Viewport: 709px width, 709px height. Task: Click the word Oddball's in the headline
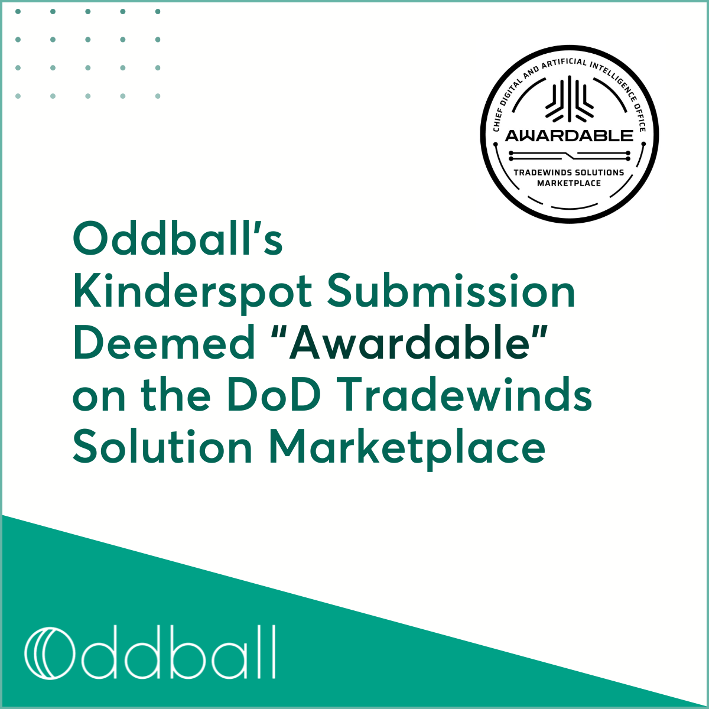point(177,239)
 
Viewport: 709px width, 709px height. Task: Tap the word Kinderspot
point(192,292)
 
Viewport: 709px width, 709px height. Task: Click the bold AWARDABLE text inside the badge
point(569,135)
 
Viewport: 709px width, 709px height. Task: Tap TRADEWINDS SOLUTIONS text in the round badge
point(569,173)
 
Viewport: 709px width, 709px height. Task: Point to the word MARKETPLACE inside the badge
point(569,183)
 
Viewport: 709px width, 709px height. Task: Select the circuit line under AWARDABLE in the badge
point(569,155)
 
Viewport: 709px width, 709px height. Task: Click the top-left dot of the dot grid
point(18,11)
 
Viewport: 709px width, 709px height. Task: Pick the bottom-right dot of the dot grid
point(158,96)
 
